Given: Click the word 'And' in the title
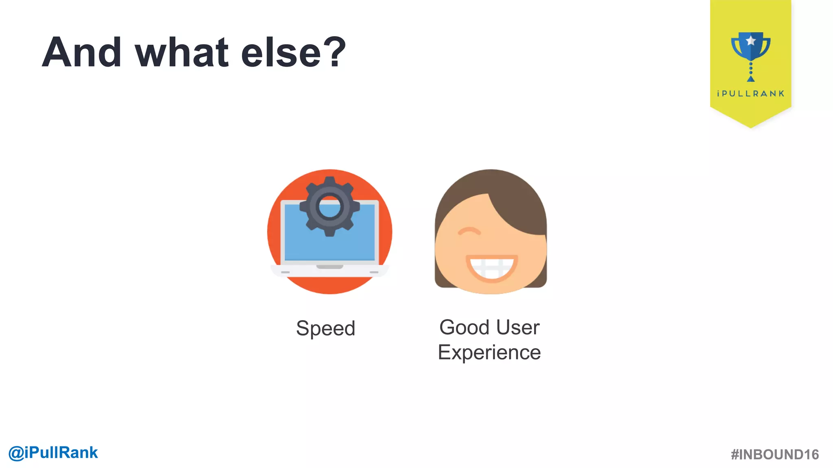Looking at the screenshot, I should click(82, 52).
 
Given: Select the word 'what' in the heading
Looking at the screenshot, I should click(182, 52).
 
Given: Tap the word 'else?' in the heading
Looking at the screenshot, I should click(293, 52).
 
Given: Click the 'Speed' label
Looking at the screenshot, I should click(325, 328).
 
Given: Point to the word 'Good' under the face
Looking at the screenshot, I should click(464, 327).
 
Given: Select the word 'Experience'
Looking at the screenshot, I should click(489, 352).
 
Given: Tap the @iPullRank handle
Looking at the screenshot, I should click(53, 453).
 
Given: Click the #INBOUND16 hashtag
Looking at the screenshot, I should click(774, 455).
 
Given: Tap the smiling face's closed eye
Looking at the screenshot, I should click(469, 232).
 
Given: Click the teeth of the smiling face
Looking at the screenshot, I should click(491, 266).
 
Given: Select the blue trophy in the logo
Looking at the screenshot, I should click(751, 47).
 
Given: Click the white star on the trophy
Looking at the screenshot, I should click(751, 41).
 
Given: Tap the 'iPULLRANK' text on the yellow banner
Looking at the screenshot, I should click(751, 94).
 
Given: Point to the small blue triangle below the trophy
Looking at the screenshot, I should click(751, 79).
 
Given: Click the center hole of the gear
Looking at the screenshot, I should click(329, 206).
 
